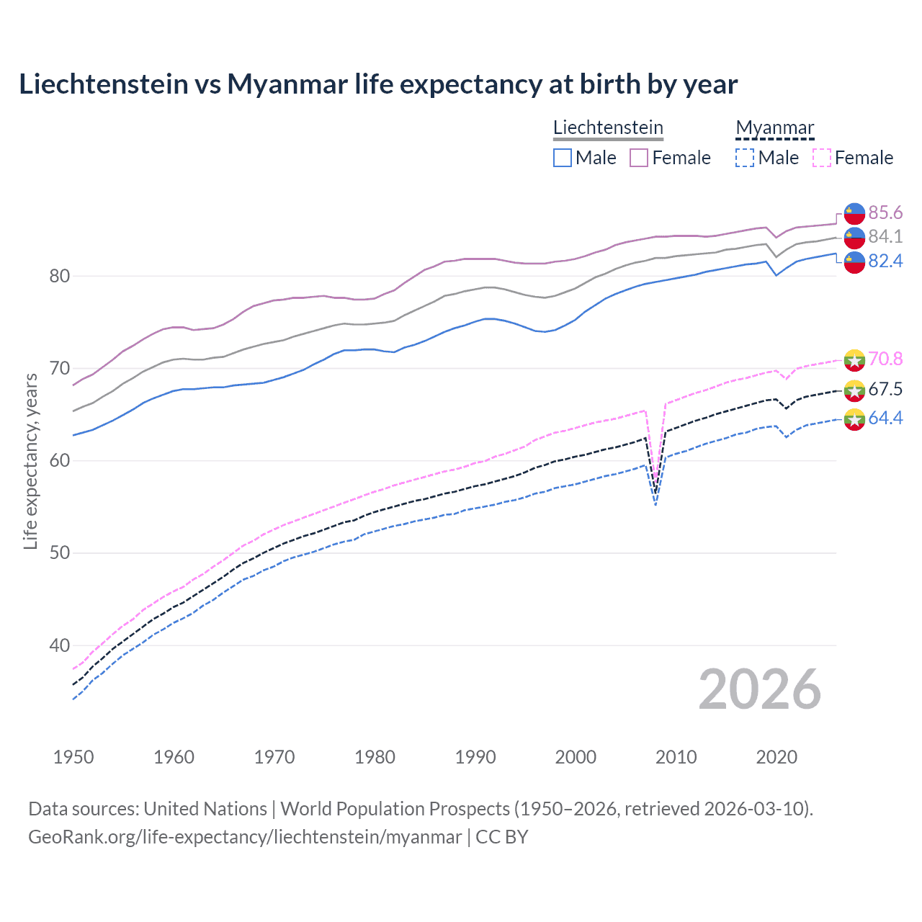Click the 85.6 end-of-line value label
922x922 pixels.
tap(885, 212)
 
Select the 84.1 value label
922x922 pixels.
tap(885, 236)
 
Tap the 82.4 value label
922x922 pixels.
tap(885, 261)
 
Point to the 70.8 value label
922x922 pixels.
tap(885, 359)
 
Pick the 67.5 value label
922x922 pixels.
tap(885, 390)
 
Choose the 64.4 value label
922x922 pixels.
tap(885, 419)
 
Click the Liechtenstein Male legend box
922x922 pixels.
tap(563, 158)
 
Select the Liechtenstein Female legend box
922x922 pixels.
tap(639, 158)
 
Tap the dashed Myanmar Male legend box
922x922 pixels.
tap(745, 158)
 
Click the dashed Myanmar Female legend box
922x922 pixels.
tap(822, 158)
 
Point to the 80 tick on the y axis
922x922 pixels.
tap(60, 276)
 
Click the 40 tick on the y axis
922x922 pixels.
tap(60, 645)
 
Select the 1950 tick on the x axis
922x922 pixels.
tap(73, 757)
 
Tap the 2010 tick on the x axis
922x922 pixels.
tap(676, 757)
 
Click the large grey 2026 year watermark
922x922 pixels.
tap(760, 689)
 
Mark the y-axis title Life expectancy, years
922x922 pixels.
tap(30, 461)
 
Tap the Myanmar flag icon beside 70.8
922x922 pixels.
tap(854, 359)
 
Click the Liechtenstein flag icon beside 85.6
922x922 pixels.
tap(854, 213)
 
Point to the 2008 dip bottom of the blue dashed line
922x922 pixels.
tap(655, 504)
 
